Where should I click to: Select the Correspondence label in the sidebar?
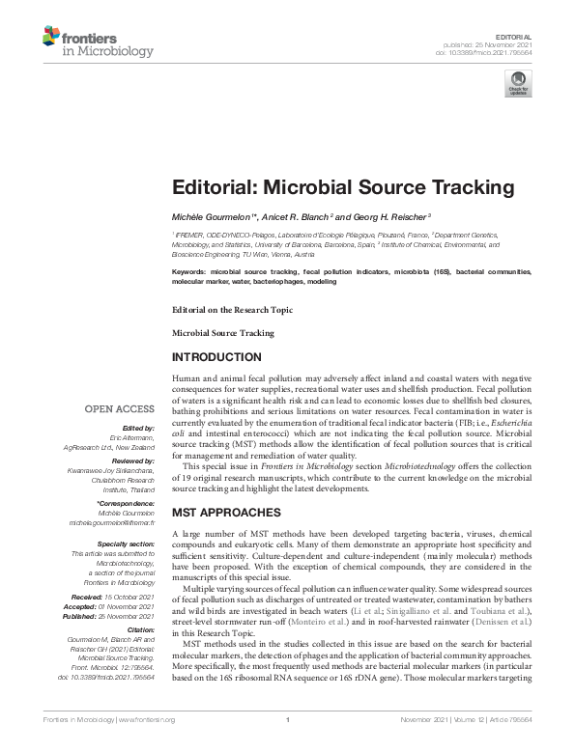[x=128, y=504]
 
